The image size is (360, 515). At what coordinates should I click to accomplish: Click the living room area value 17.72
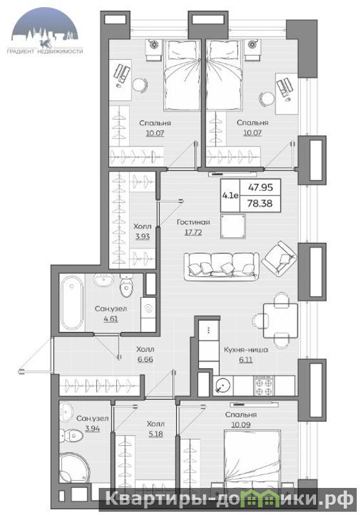193,233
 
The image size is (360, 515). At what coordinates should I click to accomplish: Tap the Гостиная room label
194,222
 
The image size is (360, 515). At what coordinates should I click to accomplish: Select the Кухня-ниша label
246,350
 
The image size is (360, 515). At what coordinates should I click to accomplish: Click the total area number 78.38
260,203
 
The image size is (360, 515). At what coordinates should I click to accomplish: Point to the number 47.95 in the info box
260,187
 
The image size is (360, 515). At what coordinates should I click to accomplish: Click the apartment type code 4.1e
230,196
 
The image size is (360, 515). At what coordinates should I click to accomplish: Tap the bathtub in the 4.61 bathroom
72,302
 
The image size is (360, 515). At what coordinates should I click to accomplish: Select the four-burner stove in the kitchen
265,385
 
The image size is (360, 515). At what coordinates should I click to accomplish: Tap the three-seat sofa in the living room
221,266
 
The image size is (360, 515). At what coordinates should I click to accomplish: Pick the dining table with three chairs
281,320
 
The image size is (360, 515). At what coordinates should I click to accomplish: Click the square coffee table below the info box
233,226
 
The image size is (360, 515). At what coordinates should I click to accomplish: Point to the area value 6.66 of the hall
145,359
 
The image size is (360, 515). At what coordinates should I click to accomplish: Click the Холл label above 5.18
155,424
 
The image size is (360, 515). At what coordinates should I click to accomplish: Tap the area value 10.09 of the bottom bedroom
241,425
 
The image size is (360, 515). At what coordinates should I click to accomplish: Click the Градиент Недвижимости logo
45,30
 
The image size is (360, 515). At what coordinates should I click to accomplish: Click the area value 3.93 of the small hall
143,237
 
